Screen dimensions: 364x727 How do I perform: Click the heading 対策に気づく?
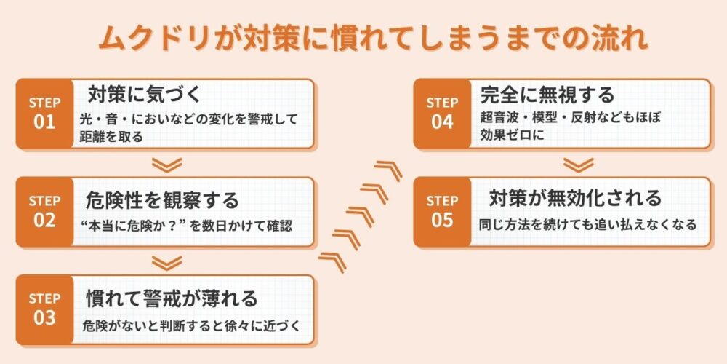pyautogui.click(x=143, y=95)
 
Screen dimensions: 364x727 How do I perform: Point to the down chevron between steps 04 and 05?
pyautogui.click(x=579, y=165)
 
